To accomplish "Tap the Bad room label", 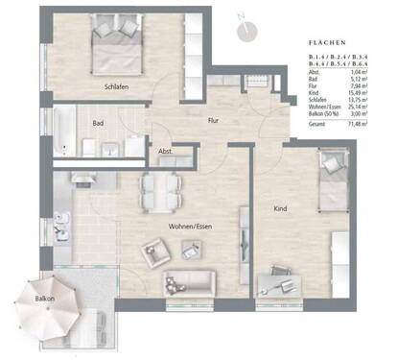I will coord(98,123).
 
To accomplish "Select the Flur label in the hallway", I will coord(215,121).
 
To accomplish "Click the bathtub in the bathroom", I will coord(65,130).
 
